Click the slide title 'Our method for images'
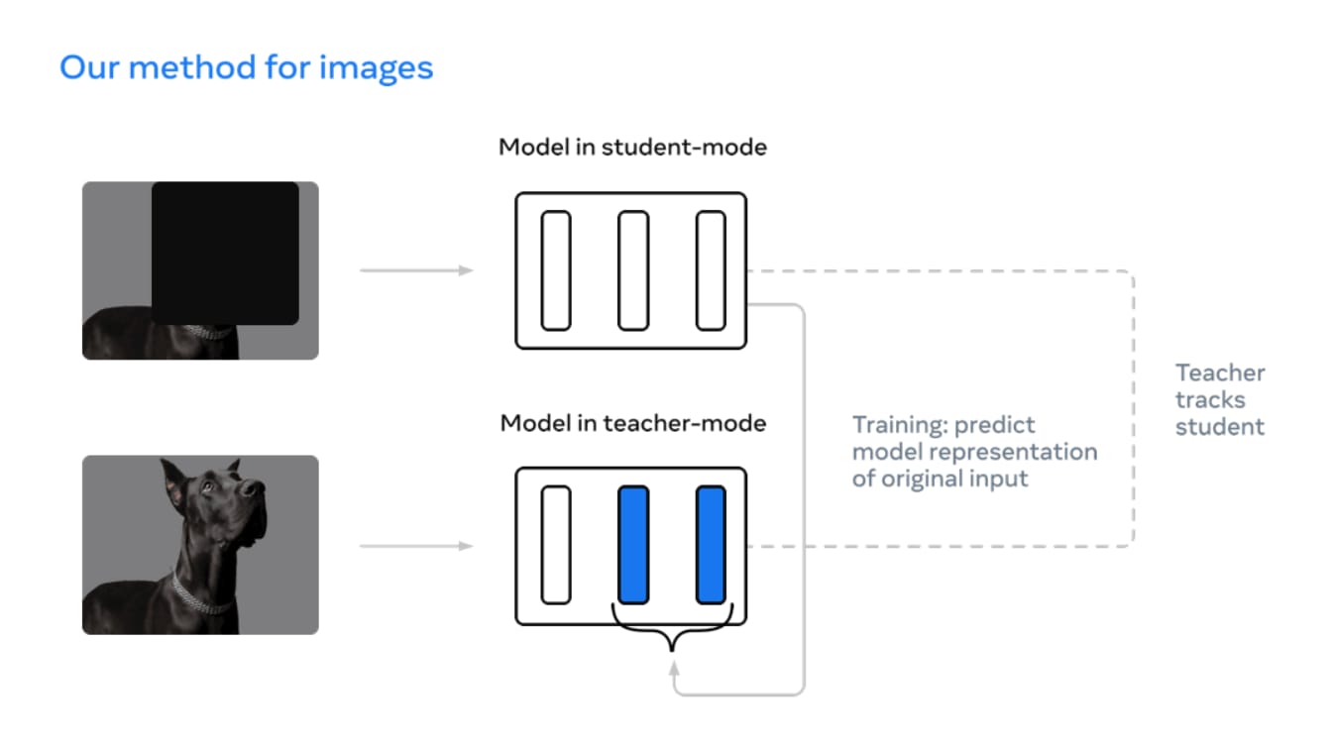pos(246,67)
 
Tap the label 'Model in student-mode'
pos(632,147)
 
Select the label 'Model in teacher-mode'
pos(633,423)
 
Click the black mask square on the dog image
pos(225,254)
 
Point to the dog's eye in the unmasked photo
pos(207,487)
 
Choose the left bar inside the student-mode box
pos(556,270)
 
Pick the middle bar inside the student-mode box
pos(633,270)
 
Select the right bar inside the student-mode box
pos(711,270)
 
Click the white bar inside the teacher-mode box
pos(556,545)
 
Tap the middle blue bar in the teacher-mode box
pos(633,545)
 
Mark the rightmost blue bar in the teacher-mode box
pos(711,545)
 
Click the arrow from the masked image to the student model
pos(416,270)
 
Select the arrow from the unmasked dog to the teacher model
pos(416,546)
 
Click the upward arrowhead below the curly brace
pos(674,669)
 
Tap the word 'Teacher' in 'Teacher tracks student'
pos(1220,373)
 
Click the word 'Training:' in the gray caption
pos(900,425)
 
